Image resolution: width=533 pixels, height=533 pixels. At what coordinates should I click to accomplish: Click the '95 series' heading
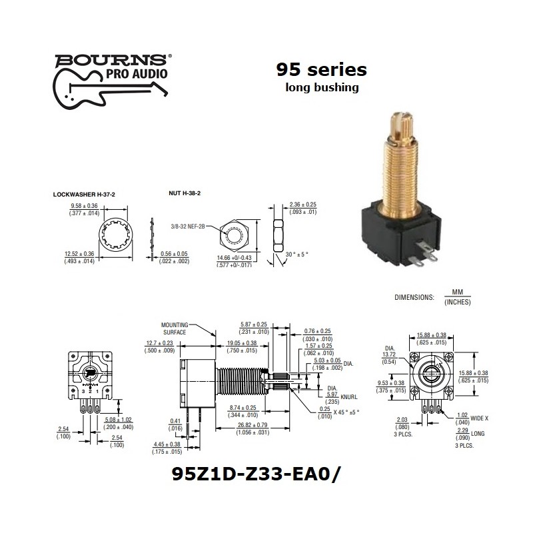pyautogui.click(x=321, y=69)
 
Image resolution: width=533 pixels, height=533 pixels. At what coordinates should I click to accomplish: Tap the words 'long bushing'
pyautogui.click(x=321, y=87)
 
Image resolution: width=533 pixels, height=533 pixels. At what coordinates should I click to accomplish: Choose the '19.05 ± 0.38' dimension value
pyautogui.click(x=240, y=342)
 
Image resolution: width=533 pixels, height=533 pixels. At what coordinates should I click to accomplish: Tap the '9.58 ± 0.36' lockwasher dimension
pyautogui.click(x=84, y=206)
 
